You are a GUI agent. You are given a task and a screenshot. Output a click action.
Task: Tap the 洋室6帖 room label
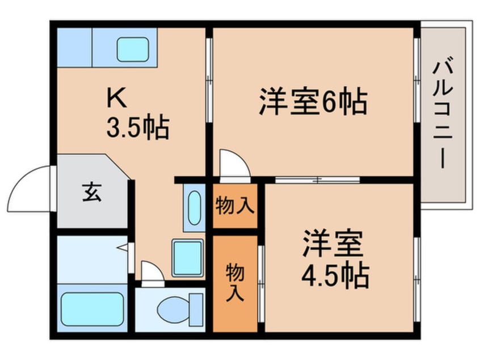coord(313,102)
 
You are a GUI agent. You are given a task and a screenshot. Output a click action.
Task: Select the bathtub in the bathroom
coord(92,309)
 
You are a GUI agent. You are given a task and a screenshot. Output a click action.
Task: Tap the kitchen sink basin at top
coord(133,49)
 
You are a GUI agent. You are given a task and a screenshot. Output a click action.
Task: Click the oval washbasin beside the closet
coord(193,207)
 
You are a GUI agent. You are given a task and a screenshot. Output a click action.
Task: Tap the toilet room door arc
coord(151,272)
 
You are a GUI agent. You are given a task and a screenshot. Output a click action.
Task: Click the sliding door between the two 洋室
coord(318,180)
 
